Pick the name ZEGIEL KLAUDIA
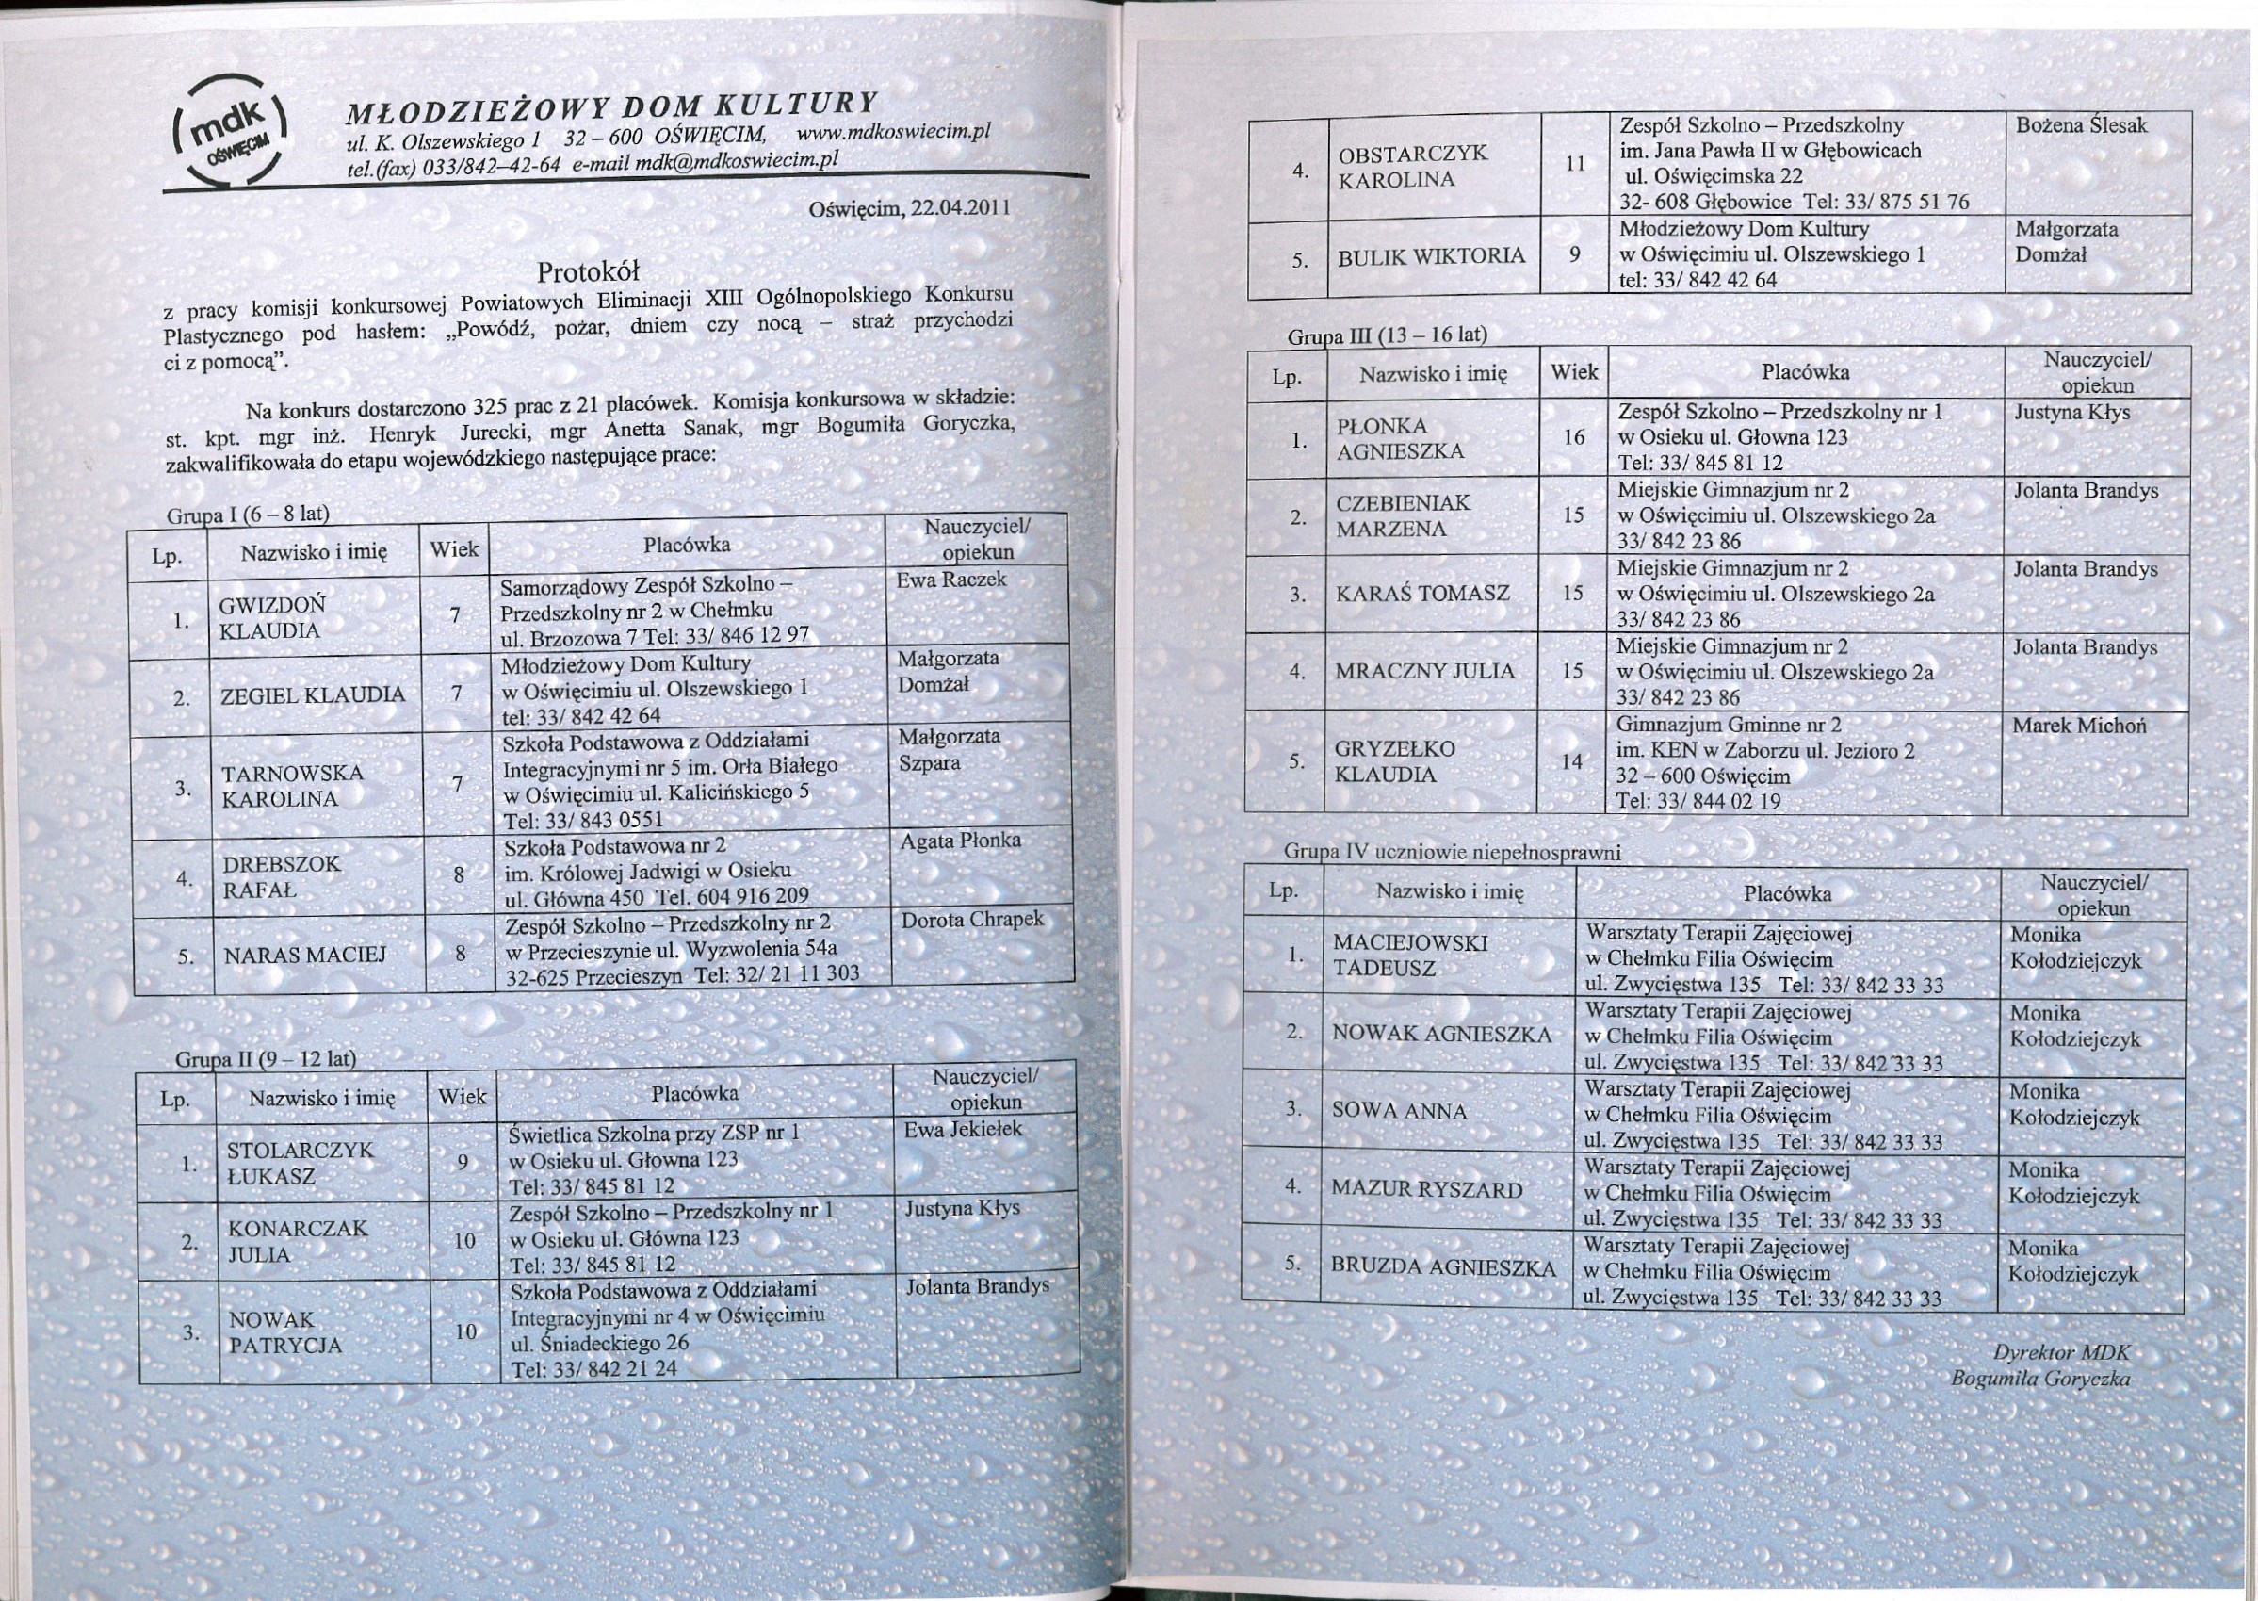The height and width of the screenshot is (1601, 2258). pos(313,695)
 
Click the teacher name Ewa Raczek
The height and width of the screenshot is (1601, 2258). pos(951,580)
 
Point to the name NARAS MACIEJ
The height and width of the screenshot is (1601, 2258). pos(304,955)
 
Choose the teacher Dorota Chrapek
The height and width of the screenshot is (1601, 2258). pos(972,920)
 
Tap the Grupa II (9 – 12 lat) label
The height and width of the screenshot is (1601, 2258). pos(265,1060)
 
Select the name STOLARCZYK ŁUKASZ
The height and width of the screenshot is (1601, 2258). pos(300,1163)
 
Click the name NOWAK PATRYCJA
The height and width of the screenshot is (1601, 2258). pos(284,1331)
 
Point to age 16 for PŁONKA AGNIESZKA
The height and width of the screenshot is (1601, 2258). pos(1573,436)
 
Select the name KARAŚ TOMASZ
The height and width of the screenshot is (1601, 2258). pos(1422,594)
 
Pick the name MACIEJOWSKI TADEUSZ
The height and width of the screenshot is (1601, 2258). pos(1408,955)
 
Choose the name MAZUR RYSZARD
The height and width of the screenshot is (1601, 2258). pos(1426,1189)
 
